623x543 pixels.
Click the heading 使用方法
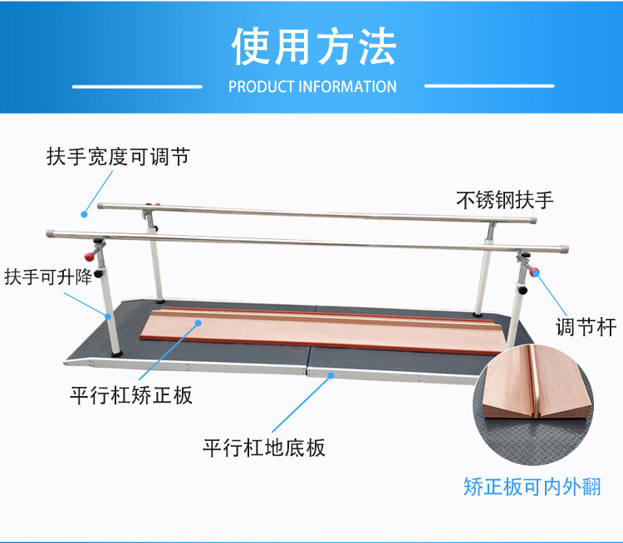312,46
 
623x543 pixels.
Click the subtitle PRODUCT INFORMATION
312,86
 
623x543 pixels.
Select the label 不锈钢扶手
504,199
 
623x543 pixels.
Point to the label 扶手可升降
47,276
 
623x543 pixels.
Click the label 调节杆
586,327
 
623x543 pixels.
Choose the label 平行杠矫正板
131,394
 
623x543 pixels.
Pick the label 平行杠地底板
264,448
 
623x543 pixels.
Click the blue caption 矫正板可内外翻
532,487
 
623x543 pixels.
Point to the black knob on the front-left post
101,274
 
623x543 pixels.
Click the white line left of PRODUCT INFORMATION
137,86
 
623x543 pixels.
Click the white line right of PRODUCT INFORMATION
489,86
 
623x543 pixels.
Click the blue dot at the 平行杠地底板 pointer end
331,375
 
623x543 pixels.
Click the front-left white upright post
109,316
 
